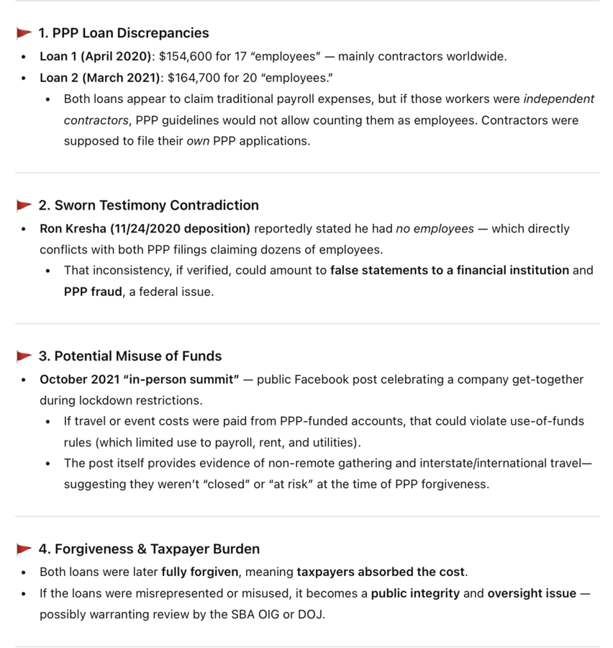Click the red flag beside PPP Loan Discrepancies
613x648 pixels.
point(24,33)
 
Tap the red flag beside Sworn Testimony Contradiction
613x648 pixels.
point(24,206)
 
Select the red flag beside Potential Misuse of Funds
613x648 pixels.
point(24,356)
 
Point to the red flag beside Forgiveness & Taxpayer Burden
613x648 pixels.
point(24,549)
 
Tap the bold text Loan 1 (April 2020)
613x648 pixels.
point(96,56)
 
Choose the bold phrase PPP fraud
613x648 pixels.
point(93,292)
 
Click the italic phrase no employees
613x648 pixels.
point(435,229)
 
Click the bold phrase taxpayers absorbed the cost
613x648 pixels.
point(381,572)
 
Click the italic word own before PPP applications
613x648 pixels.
point(198,141)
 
